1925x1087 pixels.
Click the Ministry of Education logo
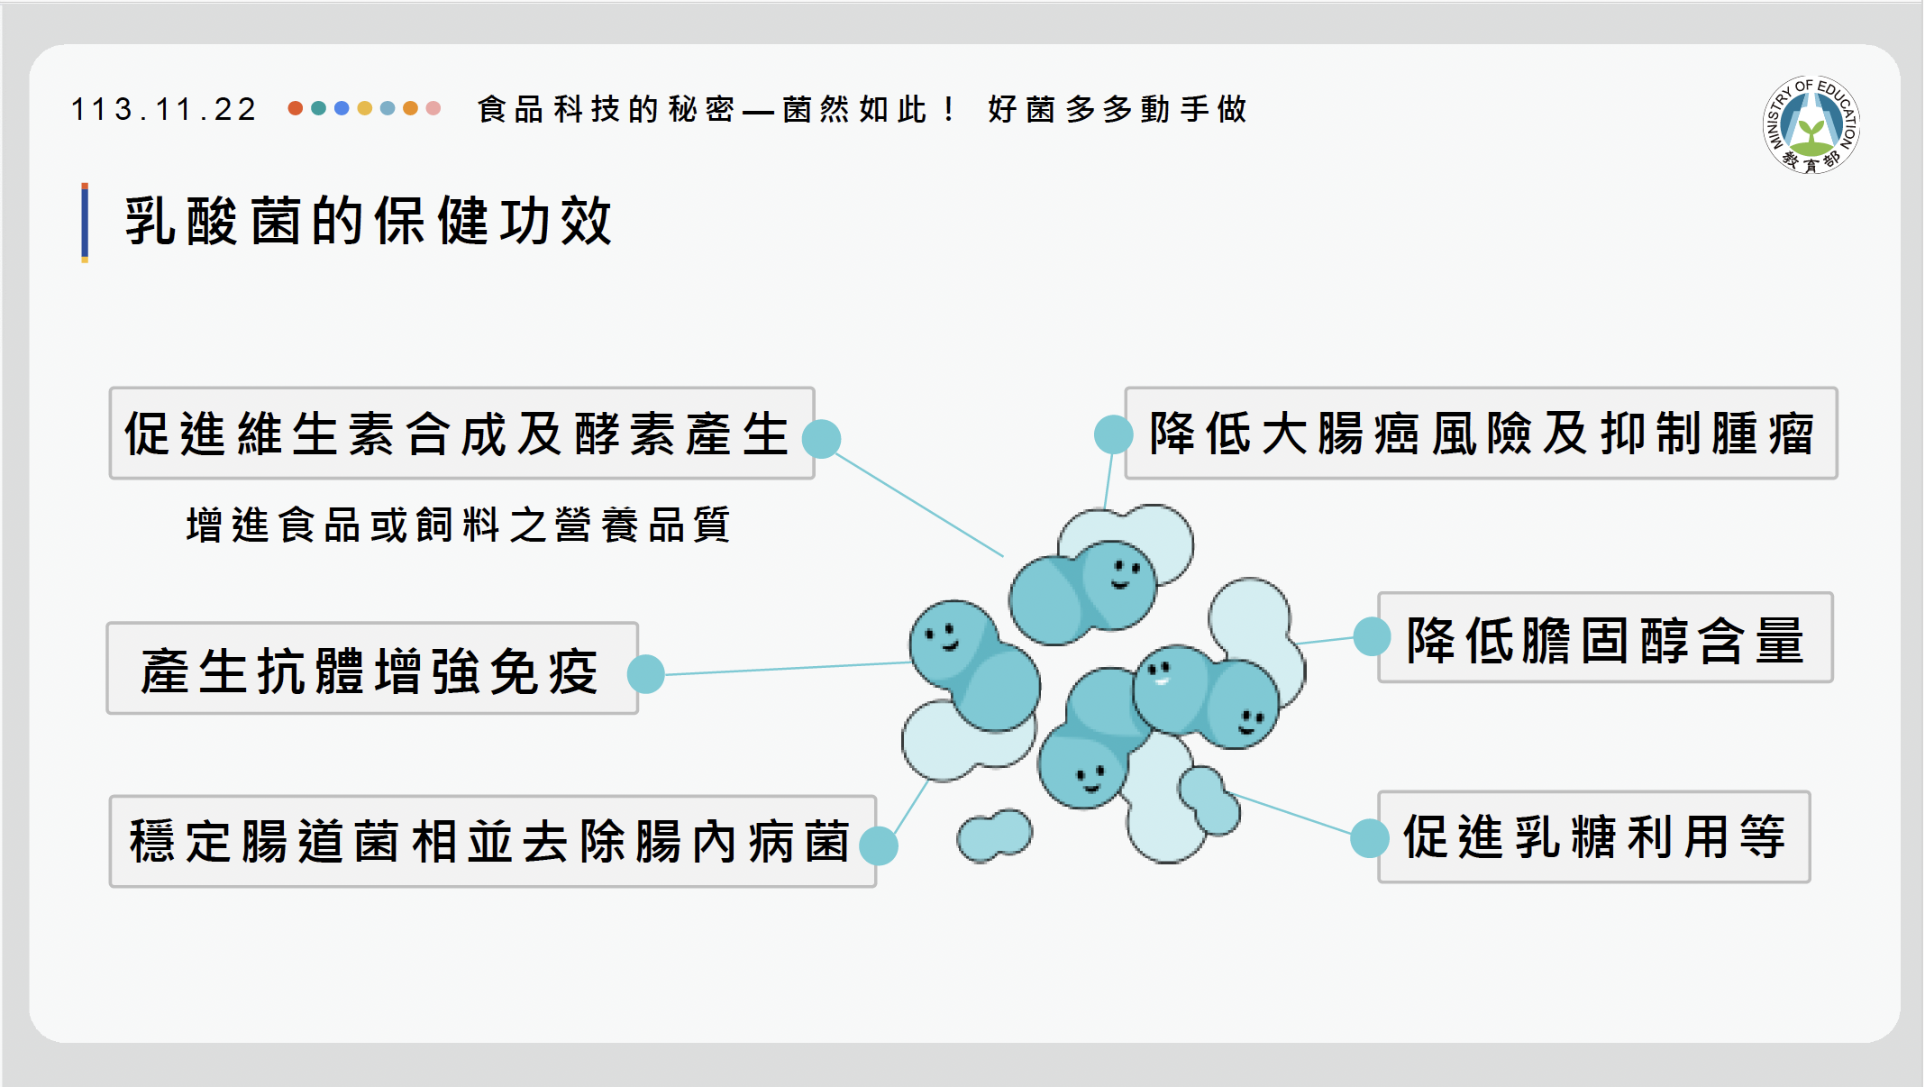tap(1811, 124)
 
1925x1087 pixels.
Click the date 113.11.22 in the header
tap(164, 109)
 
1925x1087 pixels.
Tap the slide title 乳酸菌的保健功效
tap(369, 221)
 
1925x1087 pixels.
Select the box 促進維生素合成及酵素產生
tap(461, 434)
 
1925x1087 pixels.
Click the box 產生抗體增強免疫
tap(372, 669)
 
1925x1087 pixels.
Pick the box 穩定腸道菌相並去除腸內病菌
tap(492, 841)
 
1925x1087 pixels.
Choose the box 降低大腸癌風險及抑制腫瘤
tap(1481, 434)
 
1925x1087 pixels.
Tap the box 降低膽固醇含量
tap(1605, 637)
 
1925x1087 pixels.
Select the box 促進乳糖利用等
tap(1593, 836)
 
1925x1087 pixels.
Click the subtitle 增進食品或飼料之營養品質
tap(458, 525)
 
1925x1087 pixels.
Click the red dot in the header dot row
tap(295, 108)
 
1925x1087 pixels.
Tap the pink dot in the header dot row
tap(433, 108)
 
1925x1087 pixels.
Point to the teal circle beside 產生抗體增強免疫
tap(645, 674)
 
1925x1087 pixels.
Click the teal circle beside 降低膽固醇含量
tap(1372, 636)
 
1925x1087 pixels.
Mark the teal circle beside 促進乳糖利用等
tap(1370, 838)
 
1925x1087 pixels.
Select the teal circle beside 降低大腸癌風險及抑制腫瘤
tap(1114, 434)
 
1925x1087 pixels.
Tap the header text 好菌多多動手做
tap(1118, 109)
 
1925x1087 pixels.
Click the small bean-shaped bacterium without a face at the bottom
tap(995, 836)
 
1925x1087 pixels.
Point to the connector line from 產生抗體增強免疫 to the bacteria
tap(788, 668)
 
